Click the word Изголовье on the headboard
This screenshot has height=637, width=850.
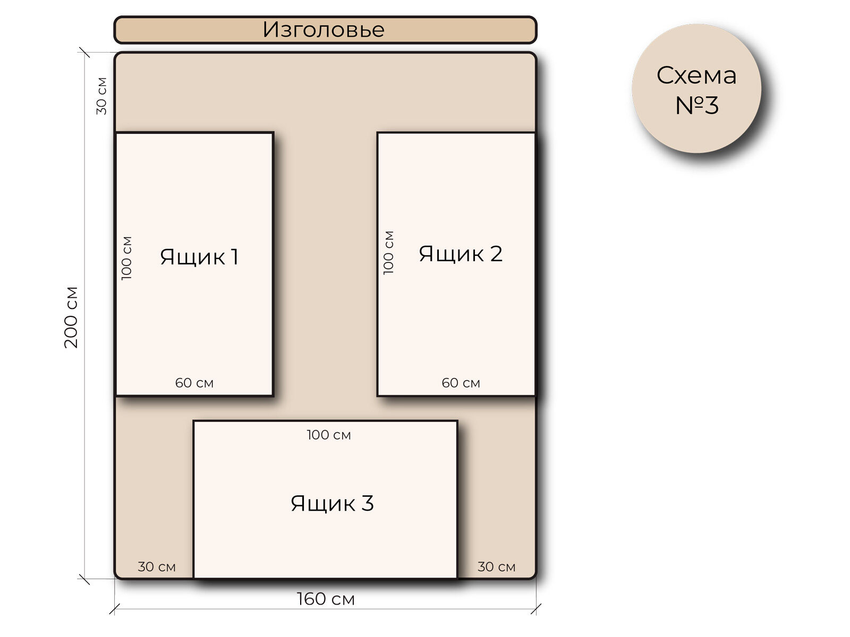(x=323, y=30)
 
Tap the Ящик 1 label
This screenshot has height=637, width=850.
(x=199, y=257)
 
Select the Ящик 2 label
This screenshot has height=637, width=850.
(x=460, y=254)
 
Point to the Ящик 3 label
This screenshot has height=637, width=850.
(x=332, y=503)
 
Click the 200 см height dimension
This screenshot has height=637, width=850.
(x=71, y=317)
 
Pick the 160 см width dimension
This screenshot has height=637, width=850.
(x=326, y=599)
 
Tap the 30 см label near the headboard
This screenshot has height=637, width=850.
(x=101, y=96)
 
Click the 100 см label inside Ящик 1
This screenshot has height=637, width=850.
(x=126, y=258)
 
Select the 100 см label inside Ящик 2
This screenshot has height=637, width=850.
(x=389, y=253)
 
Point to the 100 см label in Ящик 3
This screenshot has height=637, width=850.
(x=329, y=435)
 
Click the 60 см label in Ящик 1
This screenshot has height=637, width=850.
(x=194, y=383)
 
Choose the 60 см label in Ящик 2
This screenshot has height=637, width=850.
(x=461, y=383)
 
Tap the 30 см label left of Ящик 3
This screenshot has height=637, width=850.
(x=157, y=567)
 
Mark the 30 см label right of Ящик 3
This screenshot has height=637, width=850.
(x=496, y=567)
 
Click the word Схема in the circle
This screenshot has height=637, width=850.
(x=696, y=75)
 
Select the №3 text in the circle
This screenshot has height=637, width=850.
(x=696, y=105)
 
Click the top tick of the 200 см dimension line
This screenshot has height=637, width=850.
(x=84, y=53)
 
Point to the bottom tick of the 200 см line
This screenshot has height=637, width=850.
(x=84, y=579)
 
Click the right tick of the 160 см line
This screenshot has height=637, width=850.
(x=536, y=609)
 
